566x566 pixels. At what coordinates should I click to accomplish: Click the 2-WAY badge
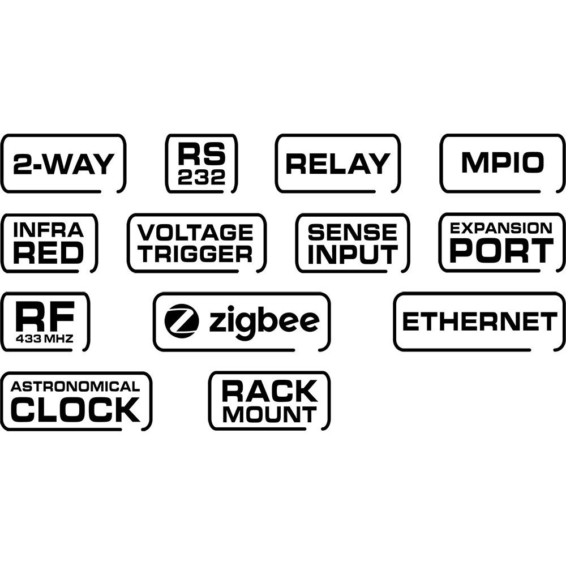[x=63, y=164]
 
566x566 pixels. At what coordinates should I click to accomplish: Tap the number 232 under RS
[x=201, y=178]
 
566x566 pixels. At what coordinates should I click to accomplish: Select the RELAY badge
[x=338, y=164]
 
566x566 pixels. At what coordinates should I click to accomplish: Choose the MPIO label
[x=503, y=163]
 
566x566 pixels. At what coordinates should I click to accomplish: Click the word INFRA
[x=48, y=230]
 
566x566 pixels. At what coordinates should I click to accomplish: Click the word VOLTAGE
[x=196, y=232]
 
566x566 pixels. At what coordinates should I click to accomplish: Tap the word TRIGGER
[x=196, y=254]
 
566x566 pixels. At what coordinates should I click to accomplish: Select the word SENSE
[x=353, y=232]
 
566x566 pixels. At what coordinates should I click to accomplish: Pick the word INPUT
[x=353, y=254]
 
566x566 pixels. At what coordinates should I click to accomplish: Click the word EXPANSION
[x=501, y=228]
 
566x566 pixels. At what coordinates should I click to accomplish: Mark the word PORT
[x=501, y=251]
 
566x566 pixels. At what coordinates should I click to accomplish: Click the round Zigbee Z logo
[x=182, y=321]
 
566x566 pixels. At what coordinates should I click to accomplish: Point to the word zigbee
[x=264, y=322]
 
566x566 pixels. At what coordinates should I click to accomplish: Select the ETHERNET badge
[x=479, y=321]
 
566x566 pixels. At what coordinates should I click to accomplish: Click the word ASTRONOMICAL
[x=75, y=387]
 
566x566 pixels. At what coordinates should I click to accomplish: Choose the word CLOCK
[x=75, y=410]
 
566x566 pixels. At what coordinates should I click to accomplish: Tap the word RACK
[x=269, y=391]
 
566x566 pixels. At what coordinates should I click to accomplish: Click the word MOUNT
[x=269, y=414]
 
